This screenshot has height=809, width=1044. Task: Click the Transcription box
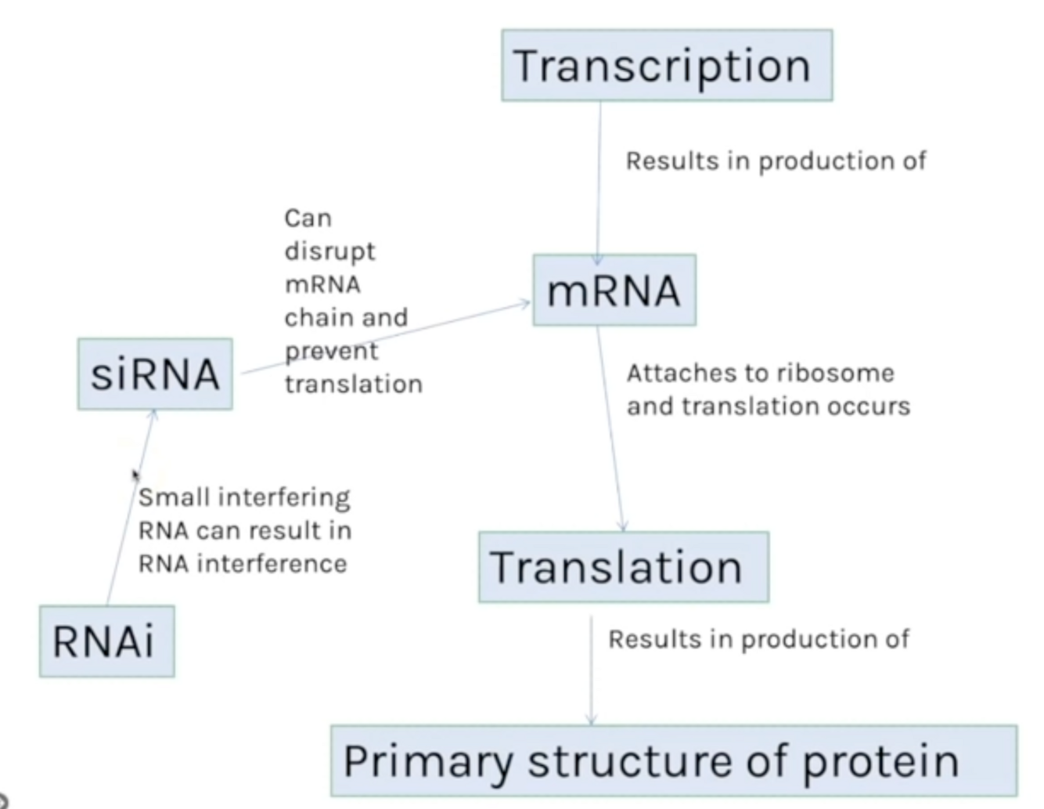666,65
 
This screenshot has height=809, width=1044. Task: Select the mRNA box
614,291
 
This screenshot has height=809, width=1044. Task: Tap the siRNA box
155,374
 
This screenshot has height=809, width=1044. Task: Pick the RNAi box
106,641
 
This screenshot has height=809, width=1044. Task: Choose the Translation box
623,567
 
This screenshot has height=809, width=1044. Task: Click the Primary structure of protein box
673,760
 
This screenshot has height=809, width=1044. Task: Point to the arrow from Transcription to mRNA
599,180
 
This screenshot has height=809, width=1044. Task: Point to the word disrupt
329,251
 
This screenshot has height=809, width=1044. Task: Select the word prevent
331,351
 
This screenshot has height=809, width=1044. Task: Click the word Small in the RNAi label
174,497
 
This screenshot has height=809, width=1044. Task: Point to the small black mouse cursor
135,475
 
